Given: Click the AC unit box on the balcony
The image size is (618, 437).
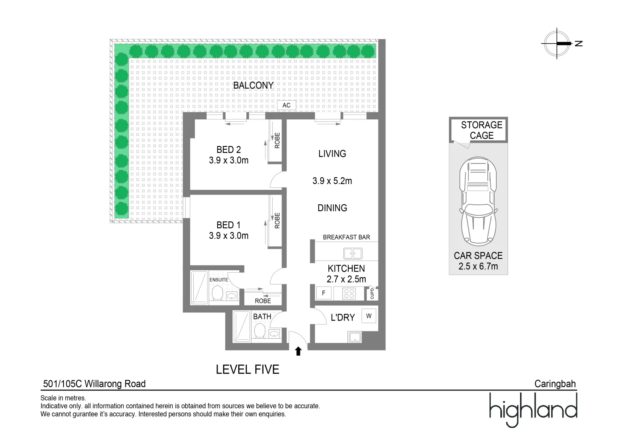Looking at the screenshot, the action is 286,105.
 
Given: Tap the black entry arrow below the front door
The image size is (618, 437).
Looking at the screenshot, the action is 298,352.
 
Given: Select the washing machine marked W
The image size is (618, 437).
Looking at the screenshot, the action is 369,316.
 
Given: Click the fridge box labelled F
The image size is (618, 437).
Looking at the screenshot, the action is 324,293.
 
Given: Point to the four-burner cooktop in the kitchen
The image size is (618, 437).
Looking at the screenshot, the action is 349,293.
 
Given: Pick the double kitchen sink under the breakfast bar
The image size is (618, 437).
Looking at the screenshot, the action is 353,253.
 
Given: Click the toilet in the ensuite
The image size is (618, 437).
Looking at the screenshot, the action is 217,293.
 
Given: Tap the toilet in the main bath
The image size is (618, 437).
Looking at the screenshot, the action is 260,331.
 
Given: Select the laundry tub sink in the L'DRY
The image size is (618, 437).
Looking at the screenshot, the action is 355,337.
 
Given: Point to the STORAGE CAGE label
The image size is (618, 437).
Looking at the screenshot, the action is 482,130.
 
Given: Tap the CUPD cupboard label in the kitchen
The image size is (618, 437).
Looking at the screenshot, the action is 372,294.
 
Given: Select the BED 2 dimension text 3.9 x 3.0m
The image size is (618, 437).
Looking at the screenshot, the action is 229,160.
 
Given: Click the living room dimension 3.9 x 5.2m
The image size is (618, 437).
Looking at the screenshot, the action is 332,181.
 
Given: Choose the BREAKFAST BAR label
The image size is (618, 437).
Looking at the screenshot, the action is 347,237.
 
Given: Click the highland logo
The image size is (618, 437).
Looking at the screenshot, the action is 533,409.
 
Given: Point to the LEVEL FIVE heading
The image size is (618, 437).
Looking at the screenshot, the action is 248,370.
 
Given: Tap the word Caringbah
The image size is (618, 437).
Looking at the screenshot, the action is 555,384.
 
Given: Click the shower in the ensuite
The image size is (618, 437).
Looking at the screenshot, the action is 199,288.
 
